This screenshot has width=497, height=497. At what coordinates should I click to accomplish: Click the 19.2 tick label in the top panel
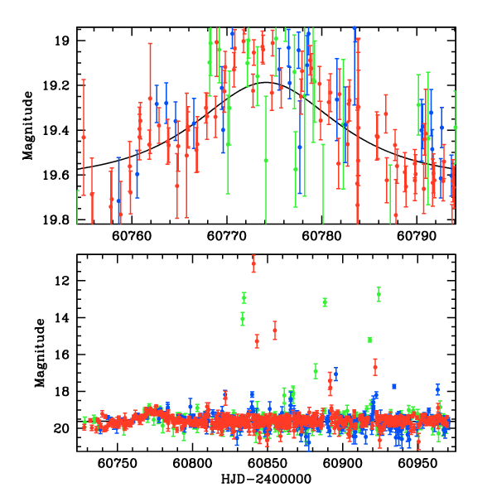[60, 85]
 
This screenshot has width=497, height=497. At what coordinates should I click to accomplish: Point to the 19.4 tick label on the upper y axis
[60, 130]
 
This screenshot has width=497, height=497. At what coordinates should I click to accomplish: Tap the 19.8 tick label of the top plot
[60, 220]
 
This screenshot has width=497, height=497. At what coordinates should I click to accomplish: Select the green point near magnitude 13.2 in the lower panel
[325, 302]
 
